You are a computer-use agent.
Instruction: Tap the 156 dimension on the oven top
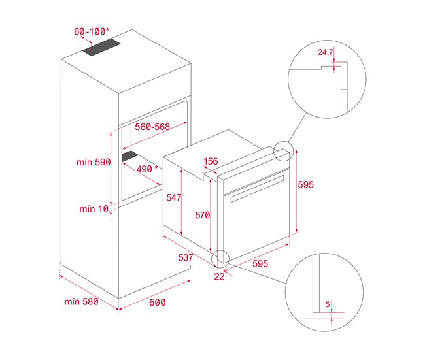click(x=211, y=162)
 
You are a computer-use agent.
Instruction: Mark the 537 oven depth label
click(x=186, y=258)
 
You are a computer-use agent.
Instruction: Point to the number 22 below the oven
click(x=219, y=277)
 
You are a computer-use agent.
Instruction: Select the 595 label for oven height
click(x=306, y=185)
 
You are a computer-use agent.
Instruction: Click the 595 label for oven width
click(x=261, y=264)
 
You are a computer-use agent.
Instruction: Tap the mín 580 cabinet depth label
click(x=81, y=301)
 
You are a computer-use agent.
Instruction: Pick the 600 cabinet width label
click(x=158, y=302)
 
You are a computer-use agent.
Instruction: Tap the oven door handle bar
click(x=255, y=195)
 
